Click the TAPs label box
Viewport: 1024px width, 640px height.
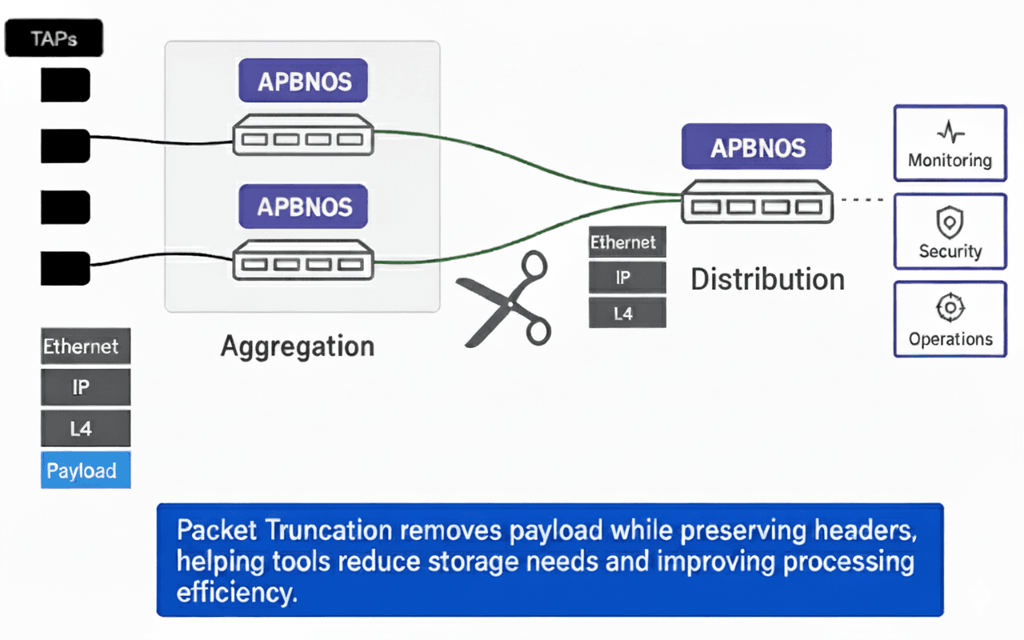pyautogui.click(x=54, y=38)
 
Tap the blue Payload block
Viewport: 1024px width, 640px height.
pyautogui.click(x=86, y=470)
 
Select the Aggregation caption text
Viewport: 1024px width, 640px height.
pyautogui.click(x=298, y=346)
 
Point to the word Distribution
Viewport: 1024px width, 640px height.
pyautogui.click(x=767, y=279)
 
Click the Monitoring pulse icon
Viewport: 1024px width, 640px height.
pyautogui.click(x=950, y=133)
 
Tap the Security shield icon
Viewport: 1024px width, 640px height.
pyautogui.click(x=950, y=222)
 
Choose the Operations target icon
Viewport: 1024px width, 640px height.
pyautogui.click(x=950, y=308)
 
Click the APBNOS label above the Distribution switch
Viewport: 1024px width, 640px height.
pyautogui.click(x=757, y=148)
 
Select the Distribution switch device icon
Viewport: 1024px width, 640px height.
pyautogui.click(x=757, y=205)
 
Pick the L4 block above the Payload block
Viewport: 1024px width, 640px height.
pyautogui.click(x=86, y=430)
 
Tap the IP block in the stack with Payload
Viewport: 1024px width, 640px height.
pyautogui.click(x=86, y=388)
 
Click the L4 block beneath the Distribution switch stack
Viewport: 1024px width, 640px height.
pyautogui.click(x=626, y=314)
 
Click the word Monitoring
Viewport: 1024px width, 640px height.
pyautogui.click(x=950, y=161)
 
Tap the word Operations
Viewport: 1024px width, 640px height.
pyautogui.click(x=950, y=339)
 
